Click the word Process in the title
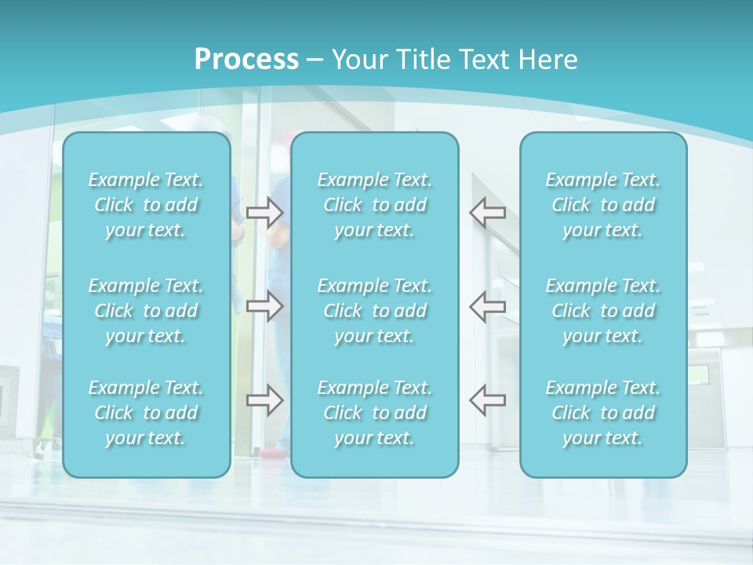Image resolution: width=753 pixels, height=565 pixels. [246, 60]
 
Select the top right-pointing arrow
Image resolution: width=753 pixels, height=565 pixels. [264, 212]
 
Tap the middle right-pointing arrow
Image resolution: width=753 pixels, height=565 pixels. [264, 305]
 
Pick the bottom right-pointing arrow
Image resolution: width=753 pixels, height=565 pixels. [264, 399]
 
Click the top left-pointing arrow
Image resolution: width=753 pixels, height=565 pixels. [488, 212]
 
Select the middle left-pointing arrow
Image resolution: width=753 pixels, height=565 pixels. [488, 305]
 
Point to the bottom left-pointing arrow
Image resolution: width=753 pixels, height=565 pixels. [488, 399]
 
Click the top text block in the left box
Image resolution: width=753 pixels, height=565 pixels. [146, 205]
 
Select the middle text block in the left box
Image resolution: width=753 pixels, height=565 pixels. [146, 311]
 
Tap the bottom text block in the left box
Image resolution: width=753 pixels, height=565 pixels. [146, 413]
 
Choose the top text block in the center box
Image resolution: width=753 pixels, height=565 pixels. [375, 205]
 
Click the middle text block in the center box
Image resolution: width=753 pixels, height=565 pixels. [375, 311]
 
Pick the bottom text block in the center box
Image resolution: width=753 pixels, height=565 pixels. [375, 413]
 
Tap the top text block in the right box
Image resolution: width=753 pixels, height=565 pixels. [603, 205]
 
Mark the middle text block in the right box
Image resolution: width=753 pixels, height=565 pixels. [603, 311]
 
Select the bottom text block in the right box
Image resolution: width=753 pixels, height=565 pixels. [603, 413]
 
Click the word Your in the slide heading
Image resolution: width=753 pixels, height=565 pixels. [358, 60]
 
